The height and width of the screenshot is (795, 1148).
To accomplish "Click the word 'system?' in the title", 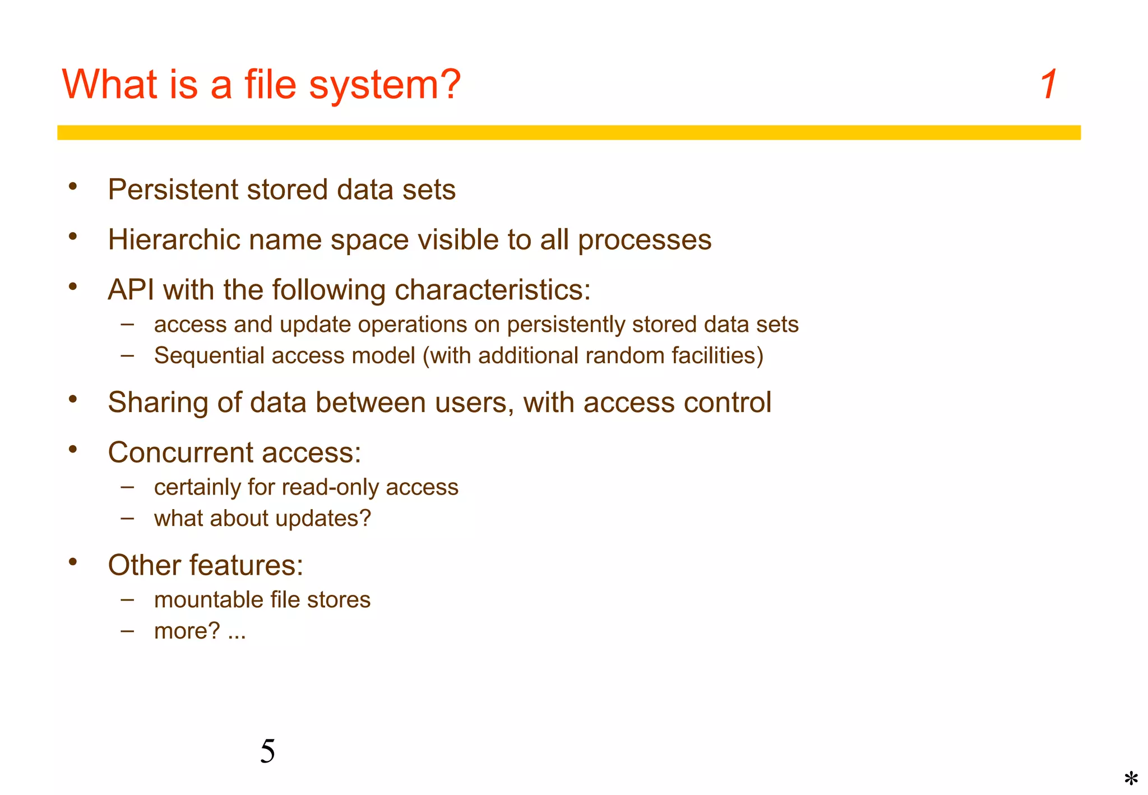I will click(385, 85).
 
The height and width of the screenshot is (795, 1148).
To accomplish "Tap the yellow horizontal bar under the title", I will click(568, 132).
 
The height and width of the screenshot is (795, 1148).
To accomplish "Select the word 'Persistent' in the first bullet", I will click(173, 189).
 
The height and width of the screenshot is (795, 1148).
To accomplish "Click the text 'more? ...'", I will click(200, 631).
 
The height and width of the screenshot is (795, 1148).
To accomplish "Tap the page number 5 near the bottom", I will click(267, 751).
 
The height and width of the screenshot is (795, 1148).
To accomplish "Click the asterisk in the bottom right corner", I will click(1131, 779).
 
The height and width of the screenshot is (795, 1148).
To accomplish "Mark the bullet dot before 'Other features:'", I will click(73, 562).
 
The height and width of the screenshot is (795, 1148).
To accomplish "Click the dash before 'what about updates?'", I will click(127, 518).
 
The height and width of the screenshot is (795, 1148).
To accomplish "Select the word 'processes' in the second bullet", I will click(644, 240).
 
